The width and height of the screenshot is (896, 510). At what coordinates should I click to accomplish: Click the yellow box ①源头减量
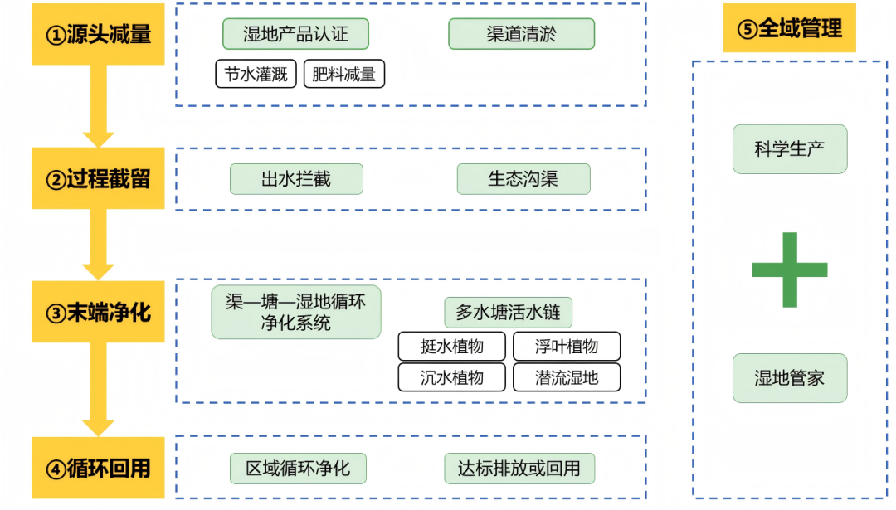coord(98,35)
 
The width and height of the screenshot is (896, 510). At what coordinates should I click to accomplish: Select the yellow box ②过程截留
coord(98,179)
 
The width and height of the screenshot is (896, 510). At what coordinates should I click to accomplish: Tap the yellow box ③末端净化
coord(98,312)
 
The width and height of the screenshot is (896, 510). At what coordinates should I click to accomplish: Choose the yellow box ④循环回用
coord(98,468)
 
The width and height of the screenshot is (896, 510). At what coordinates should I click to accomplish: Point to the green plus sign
coord(789,270)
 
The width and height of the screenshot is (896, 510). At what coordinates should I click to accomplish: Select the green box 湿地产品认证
coord(295,34)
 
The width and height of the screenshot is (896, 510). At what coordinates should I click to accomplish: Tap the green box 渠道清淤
coord(521,34)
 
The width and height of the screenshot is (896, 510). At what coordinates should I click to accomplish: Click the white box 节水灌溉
coord(256,74)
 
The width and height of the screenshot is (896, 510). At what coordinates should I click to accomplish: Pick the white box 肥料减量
coord(343,74)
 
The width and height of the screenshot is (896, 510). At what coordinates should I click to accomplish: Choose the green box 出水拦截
coord(296,179)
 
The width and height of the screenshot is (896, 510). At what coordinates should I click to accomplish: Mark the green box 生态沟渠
coord(523,179)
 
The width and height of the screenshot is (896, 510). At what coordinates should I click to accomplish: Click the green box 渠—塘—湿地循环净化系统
coord(295,312)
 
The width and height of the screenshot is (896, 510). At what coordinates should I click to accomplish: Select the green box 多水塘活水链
coord(508,313)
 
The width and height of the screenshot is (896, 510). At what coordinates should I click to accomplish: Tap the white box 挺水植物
coord(451,346)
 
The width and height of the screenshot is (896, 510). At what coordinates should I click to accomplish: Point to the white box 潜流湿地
coord(567,377)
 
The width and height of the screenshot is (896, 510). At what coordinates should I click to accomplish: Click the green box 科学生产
coord(789,149)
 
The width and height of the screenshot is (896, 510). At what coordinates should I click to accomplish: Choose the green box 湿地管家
coord(789,378)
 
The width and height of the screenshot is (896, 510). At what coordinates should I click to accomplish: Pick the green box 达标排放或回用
coord(519,469)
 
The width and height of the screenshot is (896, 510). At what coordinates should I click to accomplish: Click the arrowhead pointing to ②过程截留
coord(98,138)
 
